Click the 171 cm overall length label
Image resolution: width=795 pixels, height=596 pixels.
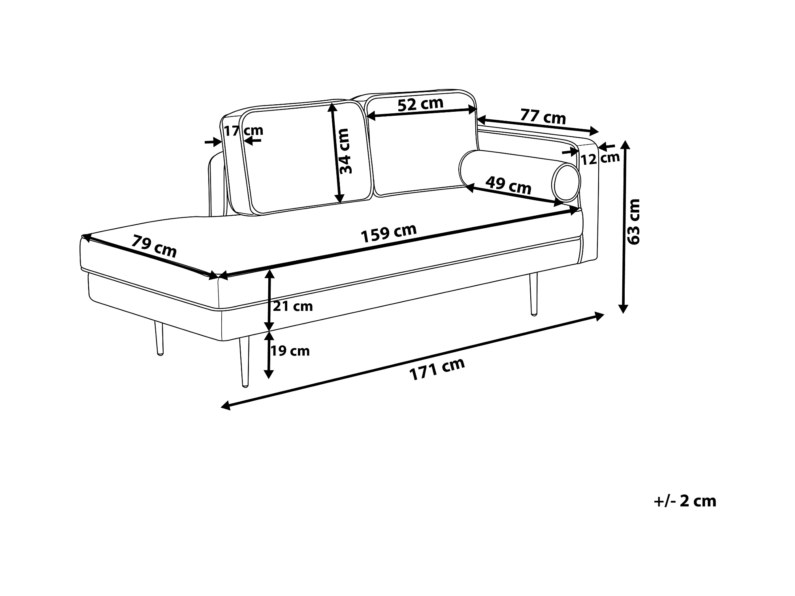tap(437, 369)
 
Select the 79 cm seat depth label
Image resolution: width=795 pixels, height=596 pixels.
tap(154, 246)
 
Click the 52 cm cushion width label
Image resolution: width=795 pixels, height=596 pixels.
tap(420, 104)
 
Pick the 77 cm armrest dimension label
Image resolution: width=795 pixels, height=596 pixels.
tap(543, 117)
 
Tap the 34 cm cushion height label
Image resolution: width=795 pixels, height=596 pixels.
tap(345, 151)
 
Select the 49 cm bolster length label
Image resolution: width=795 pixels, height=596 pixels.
tap(508, 185)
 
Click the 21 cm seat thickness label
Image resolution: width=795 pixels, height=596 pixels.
tap(293, 306)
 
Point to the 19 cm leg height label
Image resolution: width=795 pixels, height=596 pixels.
tap(290, 351)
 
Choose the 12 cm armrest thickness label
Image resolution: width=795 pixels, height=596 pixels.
tap(600, 159)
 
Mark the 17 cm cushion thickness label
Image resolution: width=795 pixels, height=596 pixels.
tap(243, 130)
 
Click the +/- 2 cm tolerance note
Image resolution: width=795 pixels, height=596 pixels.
tap(685, 501)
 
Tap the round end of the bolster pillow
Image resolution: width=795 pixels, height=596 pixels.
tap(567, 183)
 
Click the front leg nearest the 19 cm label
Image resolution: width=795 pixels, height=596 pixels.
tap(244, 361)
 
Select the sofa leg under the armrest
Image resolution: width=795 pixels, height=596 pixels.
tap(534, 294)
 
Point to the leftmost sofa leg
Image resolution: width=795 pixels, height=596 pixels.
tap(159, 339)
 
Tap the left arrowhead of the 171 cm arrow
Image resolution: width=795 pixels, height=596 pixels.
tap(225, 405)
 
